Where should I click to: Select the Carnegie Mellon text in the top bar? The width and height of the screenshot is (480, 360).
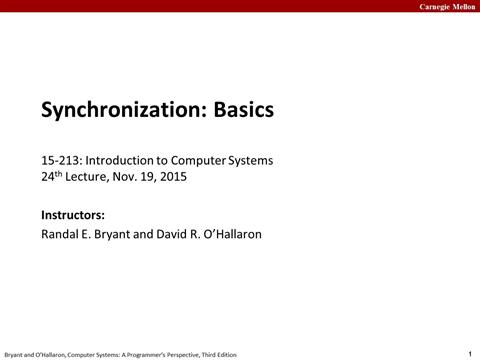click(x=443, y=6)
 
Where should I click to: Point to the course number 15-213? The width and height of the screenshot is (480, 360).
click(x=60, y=160)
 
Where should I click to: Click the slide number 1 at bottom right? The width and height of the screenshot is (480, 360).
click(x=469, y=353)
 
